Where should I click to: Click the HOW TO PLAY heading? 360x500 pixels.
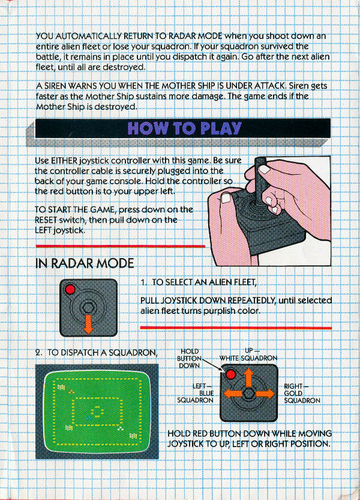pyautogui.click(x=184, y=128)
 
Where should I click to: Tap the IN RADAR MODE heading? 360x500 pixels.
pyautogui.click(x=85, y=264)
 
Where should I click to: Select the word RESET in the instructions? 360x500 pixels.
pyautogui.click(x=46, y=220)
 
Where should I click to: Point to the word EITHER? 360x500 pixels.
pyautogui.click(x=64, y=160)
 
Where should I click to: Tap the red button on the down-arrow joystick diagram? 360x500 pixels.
pyautogui.click(x=70, y=289)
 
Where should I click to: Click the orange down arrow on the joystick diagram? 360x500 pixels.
pyautogui.click(x=88, y=324)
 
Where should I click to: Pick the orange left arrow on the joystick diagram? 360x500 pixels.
pyautogui.click(x=233, y=394)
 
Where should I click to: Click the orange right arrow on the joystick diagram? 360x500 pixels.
pyautogui.click(x=265, y=394)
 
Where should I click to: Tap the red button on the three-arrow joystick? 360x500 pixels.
pyautogui.click(x=230, y=374)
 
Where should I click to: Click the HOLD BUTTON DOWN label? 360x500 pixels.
pyautogui.click(x=189, y=358)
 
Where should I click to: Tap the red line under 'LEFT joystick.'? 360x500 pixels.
pyautogui.click(x=120, y=246)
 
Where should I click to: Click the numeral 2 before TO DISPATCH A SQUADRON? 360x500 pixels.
pyautogui.click(x=38, y=353)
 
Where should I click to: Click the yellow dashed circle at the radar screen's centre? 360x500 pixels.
pyautogui.click(x=97, y=411)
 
